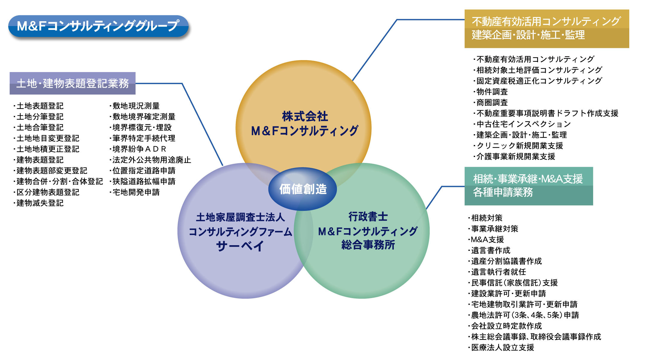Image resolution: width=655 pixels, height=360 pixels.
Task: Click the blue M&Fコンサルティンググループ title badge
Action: (98, 26)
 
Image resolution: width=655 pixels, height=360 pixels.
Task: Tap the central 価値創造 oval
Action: (303, 189)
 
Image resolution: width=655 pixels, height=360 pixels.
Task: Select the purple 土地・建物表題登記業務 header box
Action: (72, 83)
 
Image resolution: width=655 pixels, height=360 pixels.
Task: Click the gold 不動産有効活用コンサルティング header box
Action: (546, 28)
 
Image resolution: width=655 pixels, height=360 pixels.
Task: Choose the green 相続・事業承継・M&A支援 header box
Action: (528, 186)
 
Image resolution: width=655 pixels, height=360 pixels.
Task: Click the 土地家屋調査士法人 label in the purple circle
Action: (240, 217)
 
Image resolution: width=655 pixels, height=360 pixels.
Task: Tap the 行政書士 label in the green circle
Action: (368, 217)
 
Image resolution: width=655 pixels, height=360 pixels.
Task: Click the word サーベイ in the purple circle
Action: (240, 246)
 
